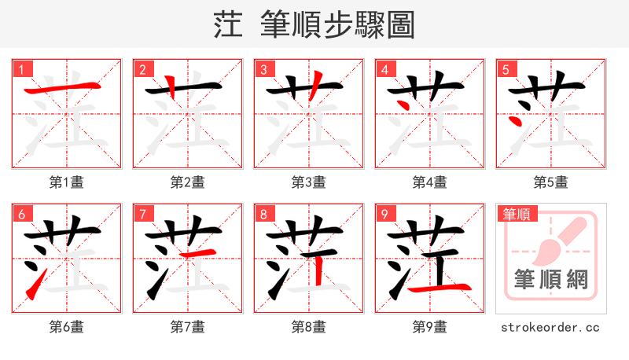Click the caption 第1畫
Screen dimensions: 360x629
[66, 182]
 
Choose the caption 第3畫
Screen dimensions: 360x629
[308, 182]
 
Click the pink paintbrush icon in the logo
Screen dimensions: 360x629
[554, 239]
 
